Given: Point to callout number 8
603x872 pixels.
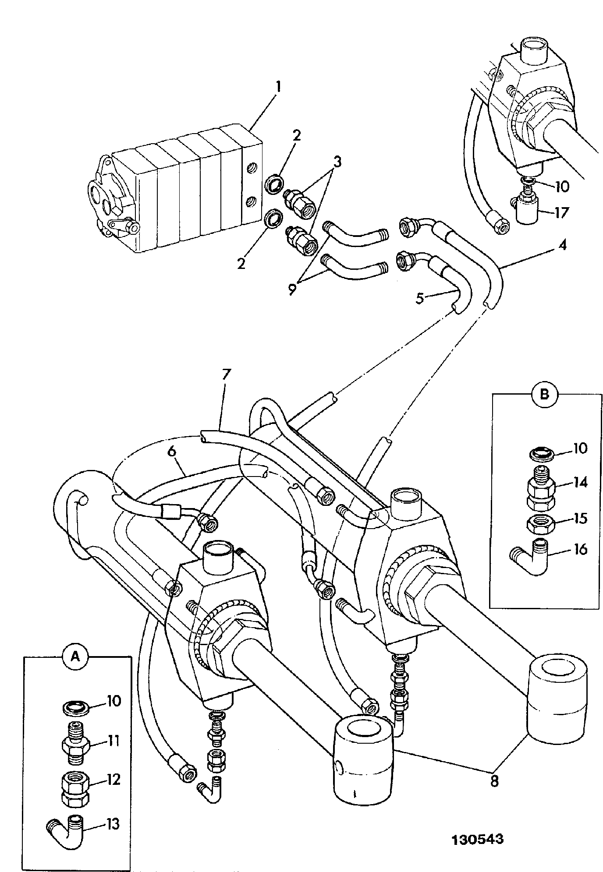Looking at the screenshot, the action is click(494, 781).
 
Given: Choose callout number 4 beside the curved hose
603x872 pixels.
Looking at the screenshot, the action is click(562, 245).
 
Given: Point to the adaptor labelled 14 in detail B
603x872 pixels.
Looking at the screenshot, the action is click(541, 489).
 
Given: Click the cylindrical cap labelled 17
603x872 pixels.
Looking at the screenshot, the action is click(530, 211).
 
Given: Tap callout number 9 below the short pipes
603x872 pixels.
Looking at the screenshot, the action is click(293, 289).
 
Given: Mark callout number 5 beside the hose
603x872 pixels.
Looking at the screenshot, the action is click(420, 299).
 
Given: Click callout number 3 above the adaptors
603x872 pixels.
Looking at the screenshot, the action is click(336, 162).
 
